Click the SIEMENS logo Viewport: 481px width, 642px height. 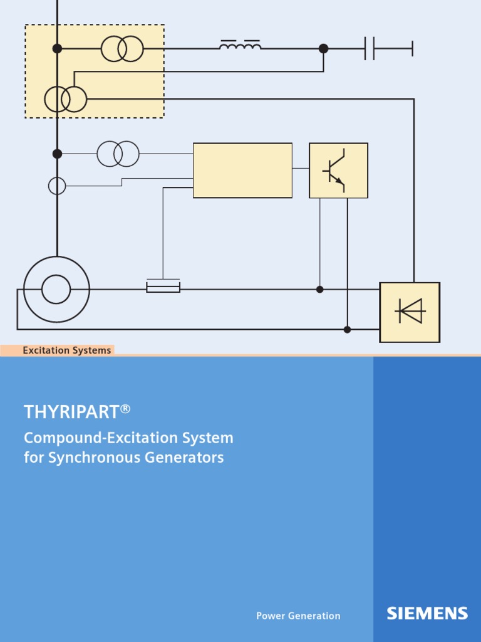[x=427, y=613]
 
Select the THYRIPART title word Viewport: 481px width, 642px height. [x=71, y=412]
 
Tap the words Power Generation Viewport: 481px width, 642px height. [x=298, y=616]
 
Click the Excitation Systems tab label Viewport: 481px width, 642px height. [x=66, y=350]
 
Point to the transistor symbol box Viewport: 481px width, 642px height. [x=338, y=171]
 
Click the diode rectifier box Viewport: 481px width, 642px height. [x=410, y=312]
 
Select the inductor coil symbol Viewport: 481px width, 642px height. [x=240, y=46]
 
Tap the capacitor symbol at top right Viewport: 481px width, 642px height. [x=370, y=48]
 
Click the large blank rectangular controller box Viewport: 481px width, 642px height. [x=242, y=171]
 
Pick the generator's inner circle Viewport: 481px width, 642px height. [x=56, y=290]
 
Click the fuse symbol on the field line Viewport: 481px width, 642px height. [x=163, y=287]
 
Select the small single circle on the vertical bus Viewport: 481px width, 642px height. [x=57, y=186]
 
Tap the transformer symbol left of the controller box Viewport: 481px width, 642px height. [x=118, y=154]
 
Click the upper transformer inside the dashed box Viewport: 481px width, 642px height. [x=122, y=48]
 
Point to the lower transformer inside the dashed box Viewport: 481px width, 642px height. [x=66, y=99]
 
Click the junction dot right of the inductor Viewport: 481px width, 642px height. [x=323, y=48]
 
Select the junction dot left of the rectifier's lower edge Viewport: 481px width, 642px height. [x=347, y=329]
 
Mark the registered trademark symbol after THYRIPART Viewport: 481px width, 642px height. [x=125, y=409]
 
